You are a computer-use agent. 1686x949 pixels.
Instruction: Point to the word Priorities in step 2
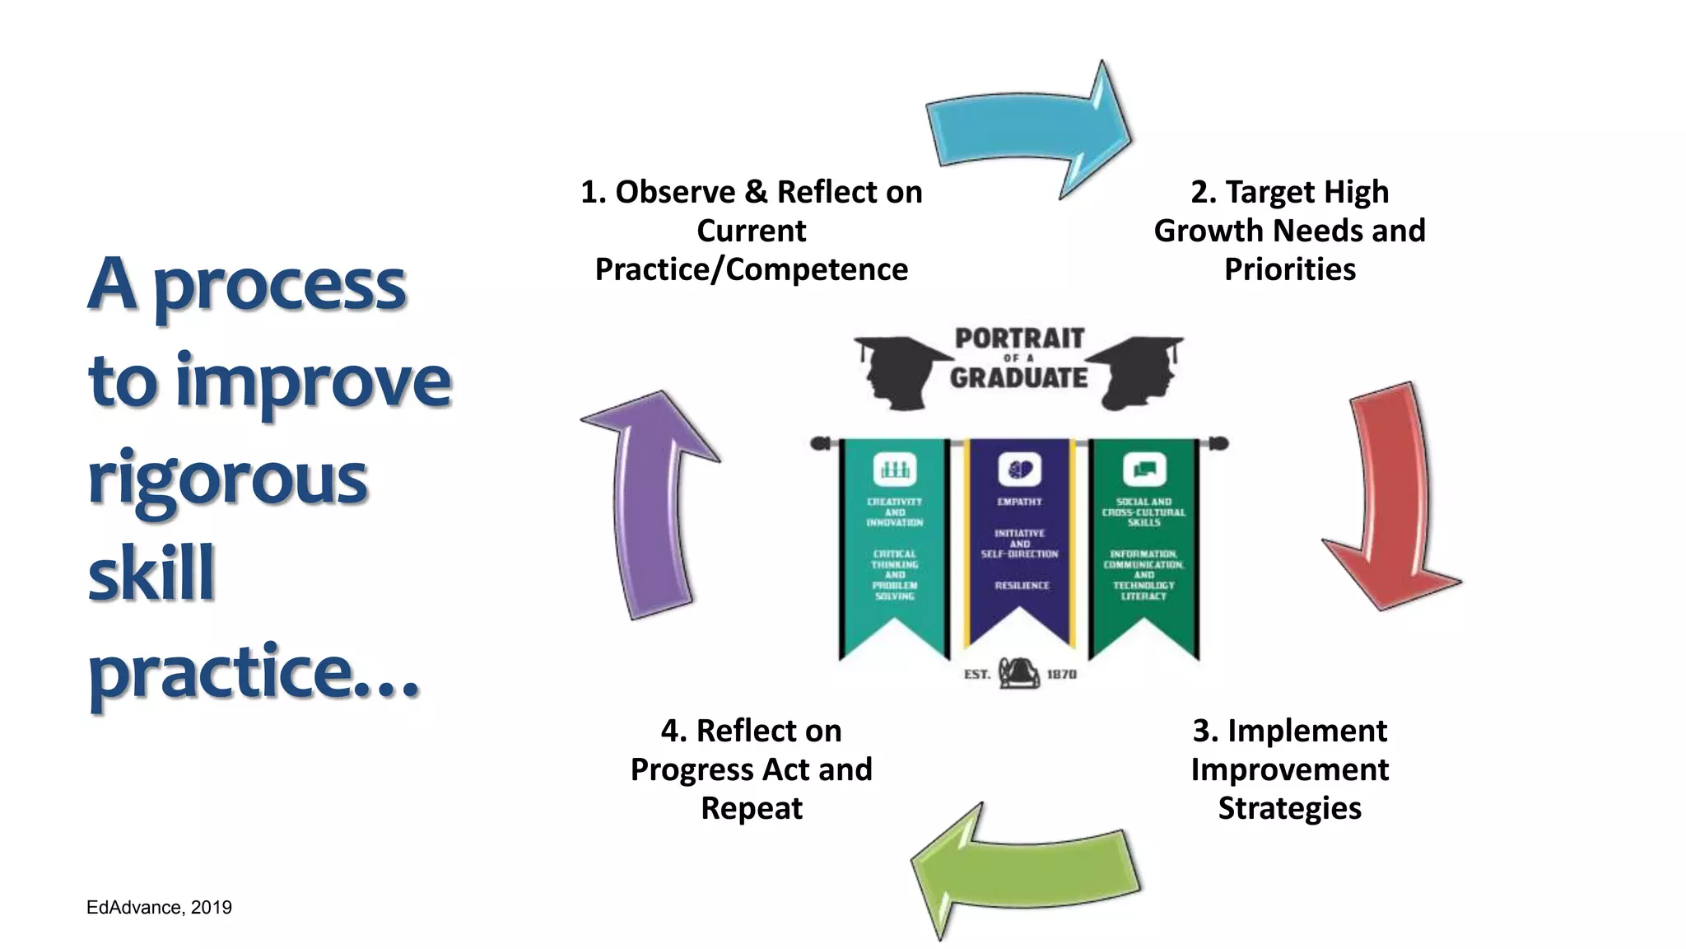click(x=1289, y=269)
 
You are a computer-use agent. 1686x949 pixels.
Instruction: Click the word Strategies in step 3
click(x=1289, y=808)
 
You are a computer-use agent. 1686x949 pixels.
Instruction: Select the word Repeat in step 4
click(x=751, y=808)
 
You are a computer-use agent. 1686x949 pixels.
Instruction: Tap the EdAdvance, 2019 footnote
click(x=159, y=907)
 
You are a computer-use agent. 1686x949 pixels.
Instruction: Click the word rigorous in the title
click(x=227, y=479)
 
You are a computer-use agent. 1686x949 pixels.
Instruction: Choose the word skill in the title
click(x=151, y=573)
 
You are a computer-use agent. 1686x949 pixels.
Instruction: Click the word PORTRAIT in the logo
click(x=1019, y=339)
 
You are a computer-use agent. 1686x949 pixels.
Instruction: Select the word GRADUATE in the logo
click(x=1019, y=378)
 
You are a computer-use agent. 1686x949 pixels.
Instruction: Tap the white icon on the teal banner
click(x=895, y=470)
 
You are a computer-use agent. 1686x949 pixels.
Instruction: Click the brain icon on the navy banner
click(x=1020, y=470)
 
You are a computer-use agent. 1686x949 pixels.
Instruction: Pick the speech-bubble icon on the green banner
click(x=1144, y=470)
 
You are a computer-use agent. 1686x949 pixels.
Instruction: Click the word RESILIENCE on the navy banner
click(x=1022, y=586)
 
